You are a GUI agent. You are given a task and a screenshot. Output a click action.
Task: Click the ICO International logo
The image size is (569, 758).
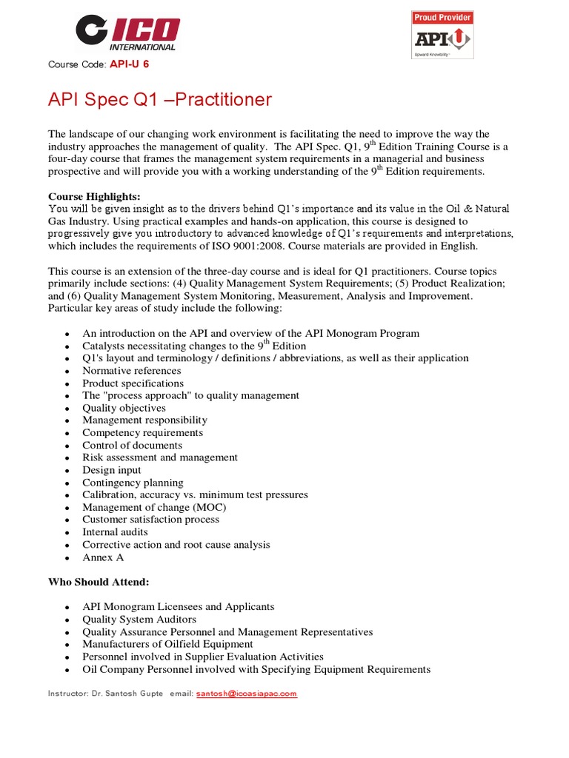coord(127,33)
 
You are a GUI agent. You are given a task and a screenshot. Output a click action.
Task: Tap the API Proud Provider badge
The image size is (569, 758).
coord(442,35)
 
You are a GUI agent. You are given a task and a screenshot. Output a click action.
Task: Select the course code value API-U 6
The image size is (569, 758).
coord(130,64)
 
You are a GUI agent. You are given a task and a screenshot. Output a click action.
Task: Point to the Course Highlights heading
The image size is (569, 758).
coord(94,197)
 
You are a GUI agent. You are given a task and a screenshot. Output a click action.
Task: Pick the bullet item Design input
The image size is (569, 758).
coord(111,470)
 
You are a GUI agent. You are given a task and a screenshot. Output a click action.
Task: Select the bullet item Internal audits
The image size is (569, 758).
coord(115,531)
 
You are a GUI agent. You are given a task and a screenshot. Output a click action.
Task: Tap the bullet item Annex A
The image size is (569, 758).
coord(102,557)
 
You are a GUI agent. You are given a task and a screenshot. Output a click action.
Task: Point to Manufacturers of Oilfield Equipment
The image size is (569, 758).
coord(167,644)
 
